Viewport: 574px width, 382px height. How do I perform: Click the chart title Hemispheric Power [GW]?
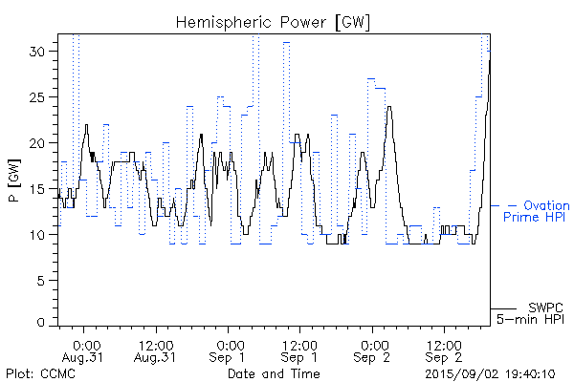point(274,21)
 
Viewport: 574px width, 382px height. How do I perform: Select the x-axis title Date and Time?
point(273,373)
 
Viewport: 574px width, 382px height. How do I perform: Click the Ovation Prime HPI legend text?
point(536,211)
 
